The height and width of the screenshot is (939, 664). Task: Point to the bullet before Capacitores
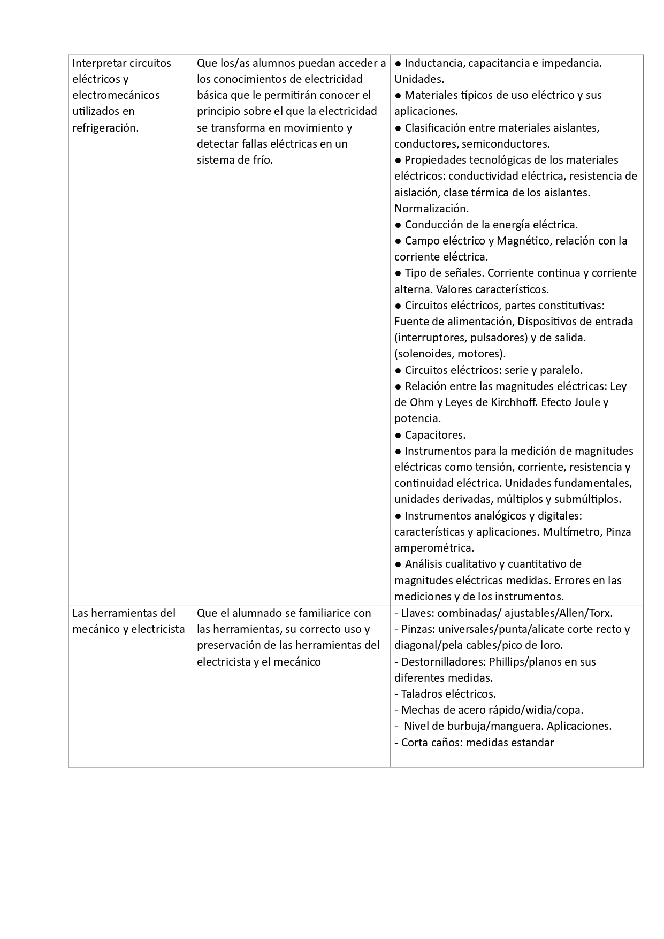[x=398, y=435]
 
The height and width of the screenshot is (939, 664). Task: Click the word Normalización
[x=431, y=209]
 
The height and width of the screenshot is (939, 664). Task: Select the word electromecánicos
[x=116, y=95]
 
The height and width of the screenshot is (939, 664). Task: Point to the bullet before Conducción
[x=398, y=225]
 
